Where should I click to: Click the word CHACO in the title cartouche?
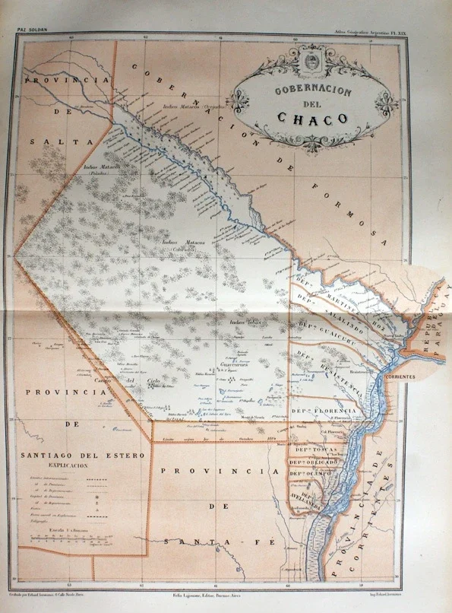point(311,119)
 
